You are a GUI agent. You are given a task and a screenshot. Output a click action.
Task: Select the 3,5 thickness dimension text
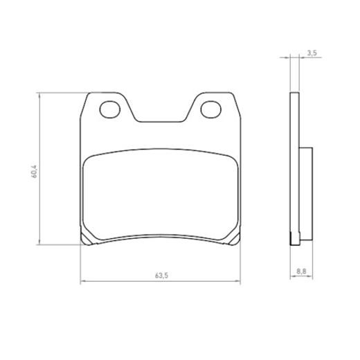coord(312,53)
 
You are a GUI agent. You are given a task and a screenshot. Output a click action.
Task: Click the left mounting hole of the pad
coord(110,109)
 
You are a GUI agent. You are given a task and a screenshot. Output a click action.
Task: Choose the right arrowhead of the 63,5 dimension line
coord(238,281)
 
